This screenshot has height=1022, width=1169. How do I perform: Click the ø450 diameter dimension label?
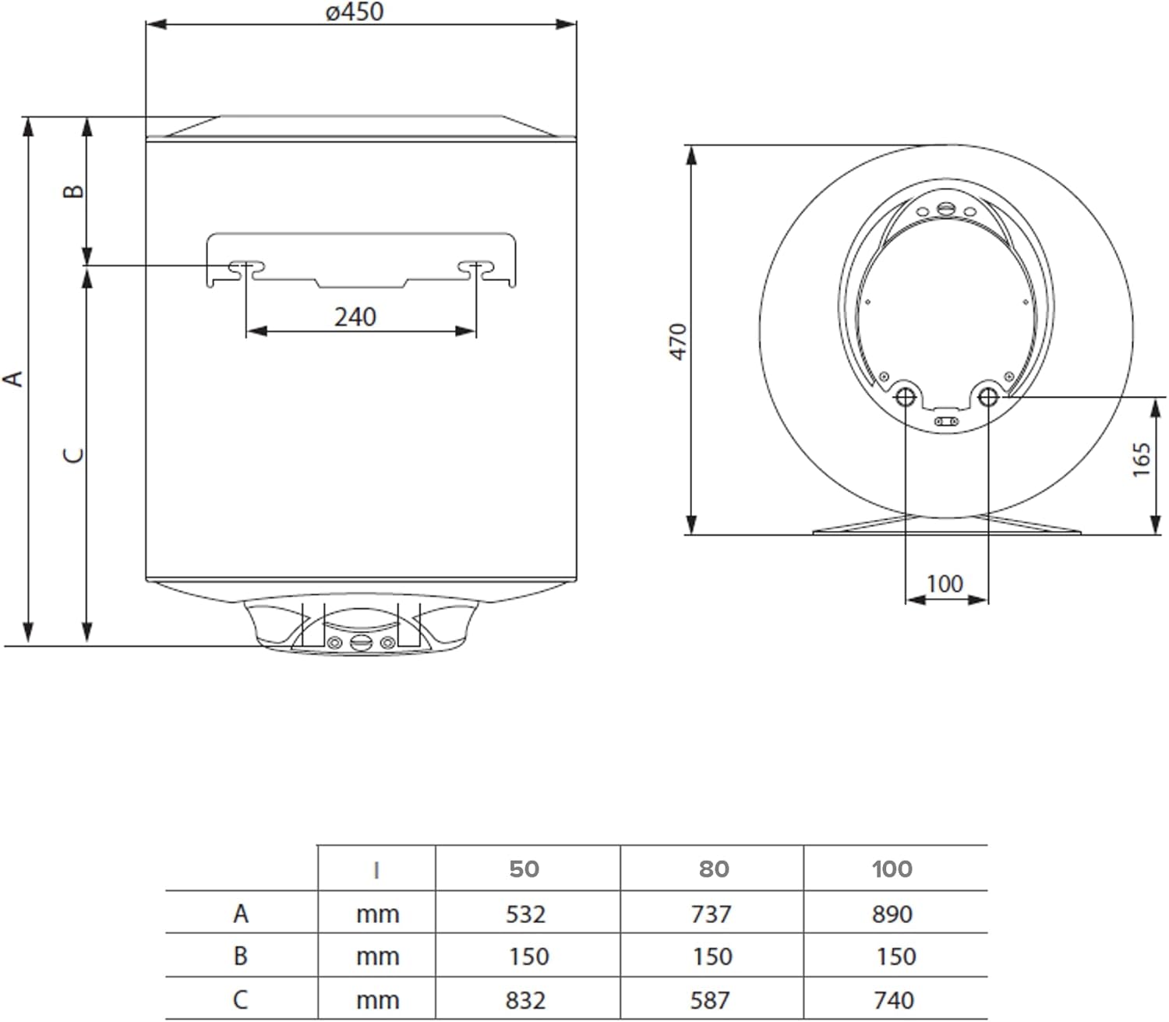[355, 12]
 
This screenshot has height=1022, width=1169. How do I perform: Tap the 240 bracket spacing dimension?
[355, 317]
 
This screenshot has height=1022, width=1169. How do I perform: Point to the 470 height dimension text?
[678, 341]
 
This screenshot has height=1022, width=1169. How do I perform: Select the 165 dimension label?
[1141, 460]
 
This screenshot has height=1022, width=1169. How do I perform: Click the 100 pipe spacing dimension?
[945, 584]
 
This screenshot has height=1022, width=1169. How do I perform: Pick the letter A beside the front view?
[13, 379]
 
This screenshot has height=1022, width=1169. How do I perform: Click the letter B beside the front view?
[72, 191]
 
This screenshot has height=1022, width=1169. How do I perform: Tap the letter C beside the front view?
[73, 455]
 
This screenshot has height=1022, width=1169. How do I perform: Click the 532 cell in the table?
[525, 914]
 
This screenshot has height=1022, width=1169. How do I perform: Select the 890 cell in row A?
[892, 914]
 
